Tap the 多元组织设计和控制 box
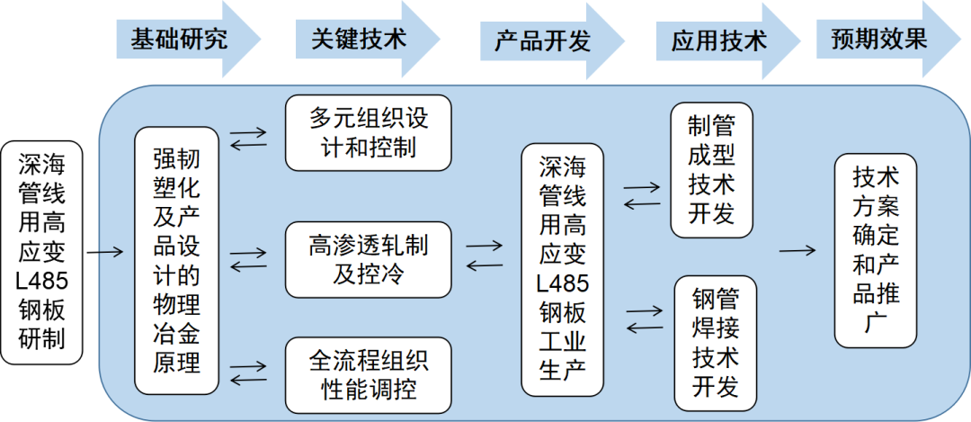[368, 132]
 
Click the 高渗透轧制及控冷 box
[368, 259]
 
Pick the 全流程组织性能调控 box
[368, 374]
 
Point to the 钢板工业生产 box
[563, 269]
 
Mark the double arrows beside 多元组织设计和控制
[248, 139]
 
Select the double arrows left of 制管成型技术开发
[642, 196]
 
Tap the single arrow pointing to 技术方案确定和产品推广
[798, 251]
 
